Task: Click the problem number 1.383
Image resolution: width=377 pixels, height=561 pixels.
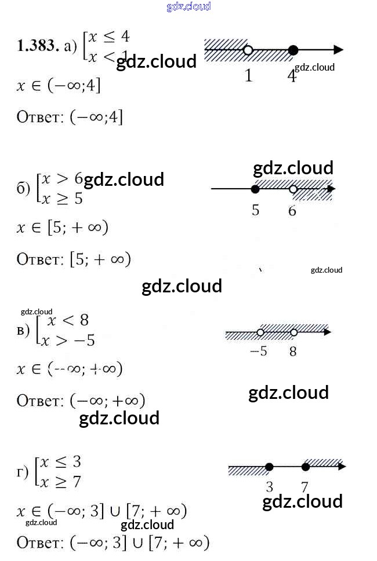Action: tap(38, 47)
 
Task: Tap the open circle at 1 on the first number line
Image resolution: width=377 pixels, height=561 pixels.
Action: tap(248, 50)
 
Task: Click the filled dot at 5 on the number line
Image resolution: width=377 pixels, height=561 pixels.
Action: tap(255, 189)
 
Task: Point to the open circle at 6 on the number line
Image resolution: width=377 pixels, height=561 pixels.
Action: tap(293, 189)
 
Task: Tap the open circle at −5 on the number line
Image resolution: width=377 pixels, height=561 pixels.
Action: tap(260, 332)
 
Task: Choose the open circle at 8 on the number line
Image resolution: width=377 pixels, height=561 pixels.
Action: tap(293, 332)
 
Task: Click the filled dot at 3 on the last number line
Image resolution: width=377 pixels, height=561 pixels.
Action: tap(269, 467)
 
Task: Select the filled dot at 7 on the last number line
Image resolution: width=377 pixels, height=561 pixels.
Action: tap(306, 467)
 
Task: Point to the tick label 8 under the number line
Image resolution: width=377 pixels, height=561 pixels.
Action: tap(293, 351)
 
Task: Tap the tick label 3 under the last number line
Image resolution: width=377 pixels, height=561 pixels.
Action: tap(269, 485)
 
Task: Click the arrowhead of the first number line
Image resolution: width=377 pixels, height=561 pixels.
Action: tap(338, 50)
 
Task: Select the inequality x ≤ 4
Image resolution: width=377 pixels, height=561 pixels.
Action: tap(108, 36)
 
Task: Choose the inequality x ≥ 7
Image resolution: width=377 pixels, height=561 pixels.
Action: tap(61, 482)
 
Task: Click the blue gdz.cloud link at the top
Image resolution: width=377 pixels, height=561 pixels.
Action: tap(188, 7)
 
